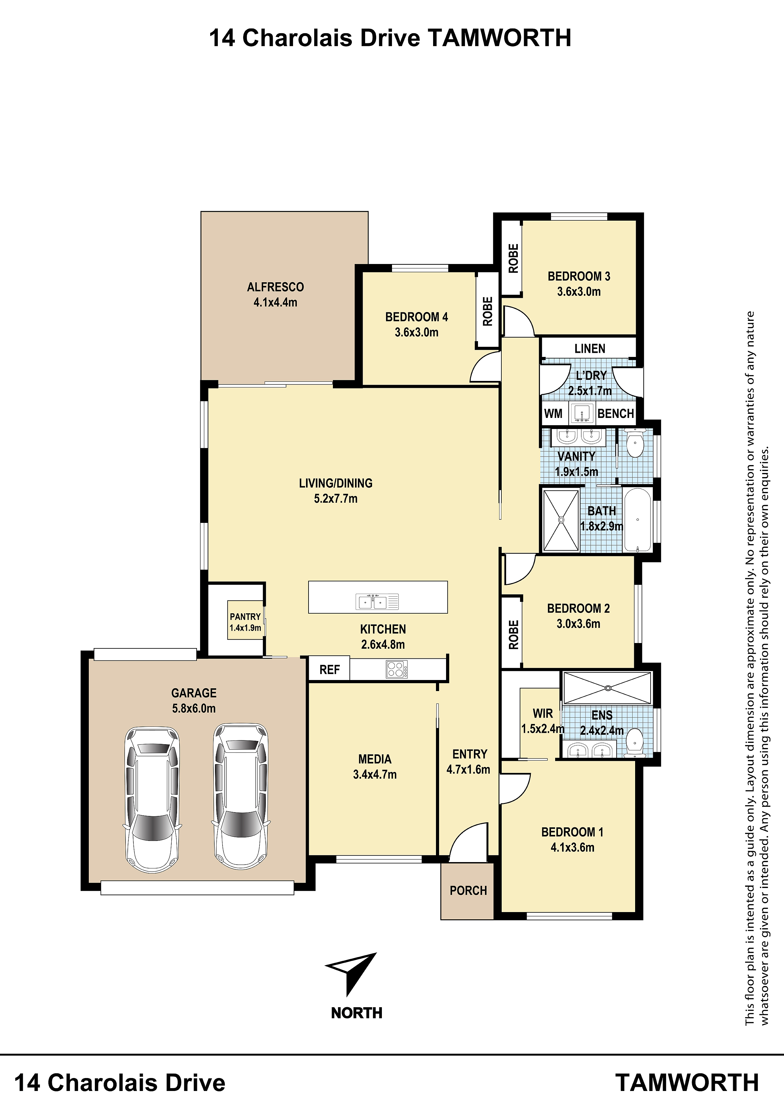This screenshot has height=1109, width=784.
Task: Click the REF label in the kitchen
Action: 329,670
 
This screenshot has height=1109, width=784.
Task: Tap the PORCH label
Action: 468,891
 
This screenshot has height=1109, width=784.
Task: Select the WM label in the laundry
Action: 553,414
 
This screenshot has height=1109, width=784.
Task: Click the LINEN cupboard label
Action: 590,349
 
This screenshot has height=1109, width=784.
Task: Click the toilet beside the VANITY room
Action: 634,443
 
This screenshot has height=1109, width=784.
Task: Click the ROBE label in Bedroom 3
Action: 513,258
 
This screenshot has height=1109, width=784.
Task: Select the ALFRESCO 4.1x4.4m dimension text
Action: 275,302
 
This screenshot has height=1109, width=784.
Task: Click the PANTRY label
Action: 245,617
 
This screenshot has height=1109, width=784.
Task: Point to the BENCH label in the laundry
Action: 616,414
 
